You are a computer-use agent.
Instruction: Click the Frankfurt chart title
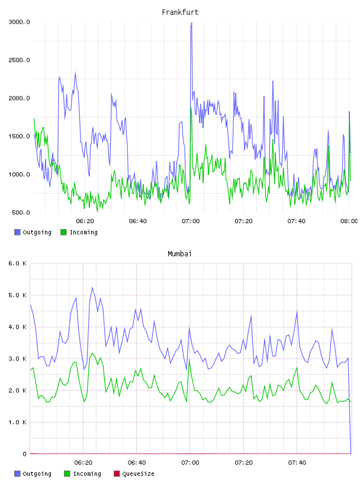click(180, 12)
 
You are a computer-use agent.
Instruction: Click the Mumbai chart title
click(179, 254)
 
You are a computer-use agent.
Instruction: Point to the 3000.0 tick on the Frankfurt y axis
click(19, 22)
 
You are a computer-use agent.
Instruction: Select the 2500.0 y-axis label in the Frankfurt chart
click(19, 60)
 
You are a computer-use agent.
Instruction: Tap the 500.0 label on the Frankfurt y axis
click(21, 212)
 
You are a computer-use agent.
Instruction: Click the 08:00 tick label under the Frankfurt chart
click(349, 221)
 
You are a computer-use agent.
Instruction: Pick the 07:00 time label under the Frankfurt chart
click(191, 221)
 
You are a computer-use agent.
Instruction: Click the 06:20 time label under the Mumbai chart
click(83, 463)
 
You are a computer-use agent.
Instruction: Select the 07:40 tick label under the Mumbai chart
click(297, 463)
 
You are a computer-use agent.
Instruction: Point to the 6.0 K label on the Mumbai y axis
click(18, 263)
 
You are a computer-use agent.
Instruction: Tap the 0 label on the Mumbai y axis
click(24, 454)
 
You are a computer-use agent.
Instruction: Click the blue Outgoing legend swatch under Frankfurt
click(17, 232)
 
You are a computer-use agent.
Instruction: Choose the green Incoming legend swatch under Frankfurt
click(63, 232)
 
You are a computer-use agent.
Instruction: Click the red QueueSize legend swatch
click(117, 474)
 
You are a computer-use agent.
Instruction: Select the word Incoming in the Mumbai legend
click(87, 474)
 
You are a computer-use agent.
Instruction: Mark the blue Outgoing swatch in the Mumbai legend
click(17, 474)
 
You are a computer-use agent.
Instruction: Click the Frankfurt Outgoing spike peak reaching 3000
click(191, 23)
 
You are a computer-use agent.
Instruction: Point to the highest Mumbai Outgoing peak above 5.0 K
click(92, 288)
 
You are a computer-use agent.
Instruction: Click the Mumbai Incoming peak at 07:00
click(189, 359)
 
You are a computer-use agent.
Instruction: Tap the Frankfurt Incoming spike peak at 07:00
click(191, 107)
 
